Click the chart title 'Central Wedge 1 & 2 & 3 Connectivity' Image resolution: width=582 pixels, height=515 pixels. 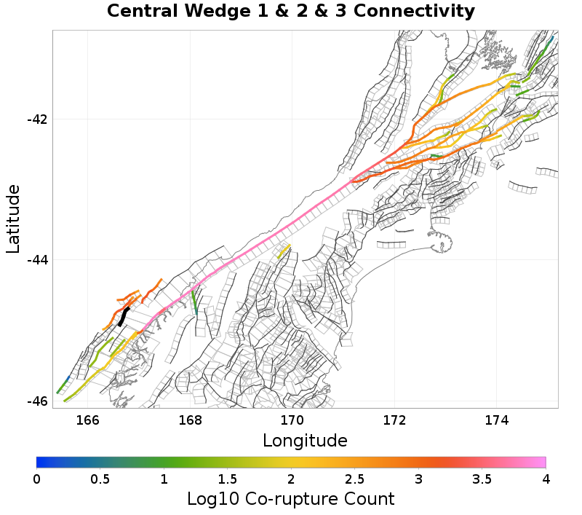point(291,12)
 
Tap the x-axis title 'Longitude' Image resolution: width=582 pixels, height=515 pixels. point(305,441)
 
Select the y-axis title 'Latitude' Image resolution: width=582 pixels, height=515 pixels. point(13,219)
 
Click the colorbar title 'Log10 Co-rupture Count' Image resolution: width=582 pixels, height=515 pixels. point(290,499)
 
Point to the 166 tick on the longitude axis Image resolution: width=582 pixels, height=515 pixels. point(87,420)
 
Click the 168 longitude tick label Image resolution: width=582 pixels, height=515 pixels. point(190,420)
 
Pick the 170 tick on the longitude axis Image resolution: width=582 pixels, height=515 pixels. point(292,420)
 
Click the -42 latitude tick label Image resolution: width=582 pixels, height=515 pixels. point(36,119)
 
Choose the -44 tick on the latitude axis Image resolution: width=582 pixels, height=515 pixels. point(36,260)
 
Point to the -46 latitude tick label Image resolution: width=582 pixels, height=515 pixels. point(36,401)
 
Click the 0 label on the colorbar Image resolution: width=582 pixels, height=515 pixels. point(36,479)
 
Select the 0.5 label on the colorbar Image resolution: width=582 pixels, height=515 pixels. point(100,479)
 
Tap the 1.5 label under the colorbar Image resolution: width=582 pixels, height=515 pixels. point(228,479)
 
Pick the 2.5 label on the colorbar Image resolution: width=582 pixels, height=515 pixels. point(355,479)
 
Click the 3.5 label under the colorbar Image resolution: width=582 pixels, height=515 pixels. point(482,479)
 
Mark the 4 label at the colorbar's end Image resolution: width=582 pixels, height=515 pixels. point(546,479)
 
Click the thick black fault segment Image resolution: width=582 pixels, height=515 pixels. point(124,317)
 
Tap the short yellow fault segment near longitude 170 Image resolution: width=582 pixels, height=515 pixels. point(284,251)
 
